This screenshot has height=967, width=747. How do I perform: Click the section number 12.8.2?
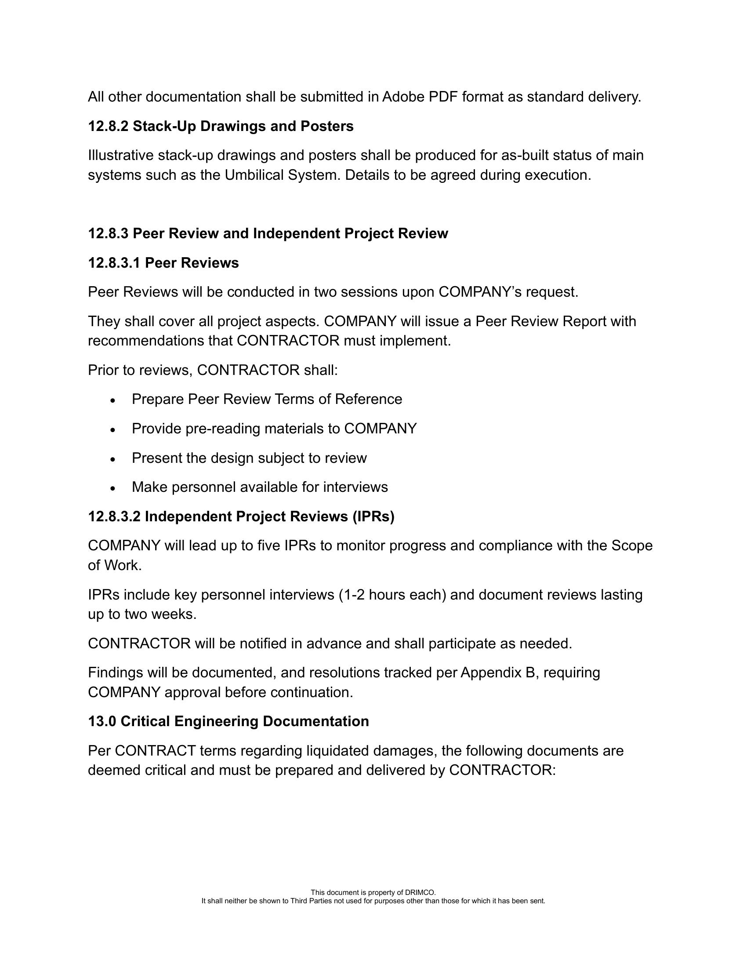pyautogui.click(x=108, y=126)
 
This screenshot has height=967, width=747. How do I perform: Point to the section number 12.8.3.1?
pyautogui.click(x=114, y=263)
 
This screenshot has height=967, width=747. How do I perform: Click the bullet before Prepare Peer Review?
pyautogui.click(x=113, y=400)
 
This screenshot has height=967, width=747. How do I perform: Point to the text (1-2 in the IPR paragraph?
pyautogui.click(x=352, y=595)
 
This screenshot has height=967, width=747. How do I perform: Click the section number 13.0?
pyautogui.click(x=102, y=721)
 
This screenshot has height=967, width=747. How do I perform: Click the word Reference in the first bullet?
pyautogui.click(x=368, y=400)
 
